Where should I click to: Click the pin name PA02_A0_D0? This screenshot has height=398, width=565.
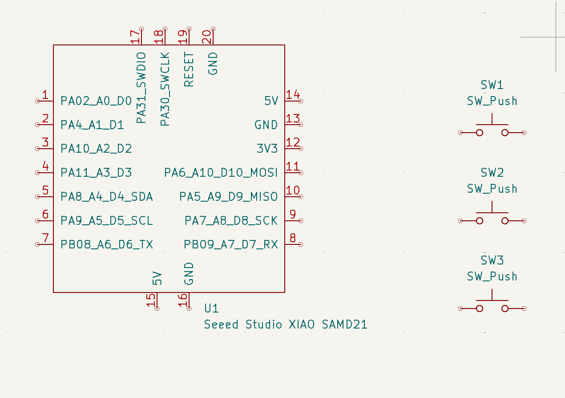(96, 101)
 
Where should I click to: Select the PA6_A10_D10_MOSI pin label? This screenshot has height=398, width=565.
(221, 172)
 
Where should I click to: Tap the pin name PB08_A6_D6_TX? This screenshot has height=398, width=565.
(107, 244)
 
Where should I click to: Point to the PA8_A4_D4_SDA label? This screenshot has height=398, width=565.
(107, 197)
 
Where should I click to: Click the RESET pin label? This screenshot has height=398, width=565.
(189, 69)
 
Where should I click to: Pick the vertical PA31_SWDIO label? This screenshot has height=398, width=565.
(141, 88)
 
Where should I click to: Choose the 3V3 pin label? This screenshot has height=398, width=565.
(267, 149)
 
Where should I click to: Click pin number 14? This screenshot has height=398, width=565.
(293, 95)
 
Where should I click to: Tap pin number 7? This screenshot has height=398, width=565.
(45, 238)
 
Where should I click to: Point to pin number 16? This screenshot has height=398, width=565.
(183, 300)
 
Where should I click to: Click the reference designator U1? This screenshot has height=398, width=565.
(211, 308)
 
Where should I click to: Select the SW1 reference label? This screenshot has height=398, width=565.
(492, 85)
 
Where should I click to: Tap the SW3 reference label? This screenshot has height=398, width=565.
(492, 260)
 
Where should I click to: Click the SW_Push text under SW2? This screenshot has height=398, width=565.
(492, 189)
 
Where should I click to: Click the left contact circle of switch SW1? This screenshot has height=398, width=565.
(480, 133)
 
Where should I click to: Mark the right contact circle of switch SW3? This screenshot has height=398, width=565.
(505, 309)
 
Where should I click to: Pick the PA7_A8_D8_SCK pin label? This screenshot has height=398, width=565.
(231, 221)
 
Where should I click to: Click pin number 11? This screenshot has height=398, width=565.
(293, 167)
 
